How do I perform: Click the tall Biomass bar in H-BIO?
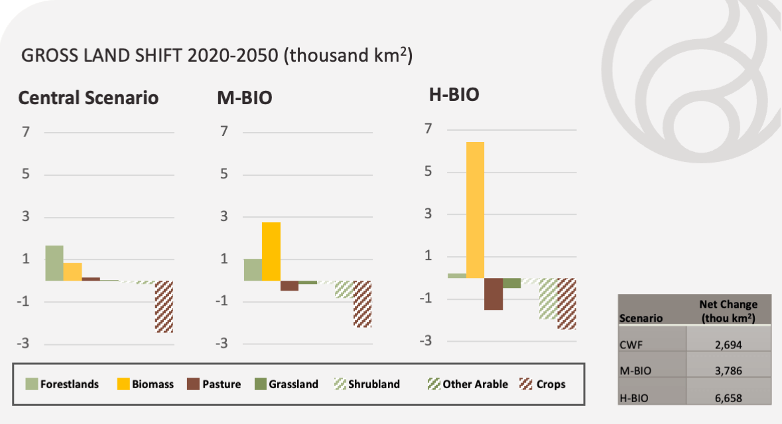[475, 210]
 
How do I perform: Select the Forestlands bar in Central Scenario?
[54, 263]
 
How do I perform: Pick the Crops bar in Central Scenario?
[164, 306]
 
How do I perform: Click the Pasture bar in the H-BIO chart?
[493, 294]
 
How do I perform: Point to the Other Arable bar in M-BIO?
[344, 289]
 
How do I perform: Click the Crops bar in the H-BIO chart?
[566, 303]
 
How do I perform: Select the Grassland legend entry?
[286, 384]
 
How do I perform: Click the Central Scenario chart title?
[88, 98]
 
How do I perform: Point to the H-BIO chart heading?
[454, 95]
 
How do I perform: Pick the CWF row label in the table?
[630, 344]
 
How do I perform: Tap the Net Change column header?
[728, 311]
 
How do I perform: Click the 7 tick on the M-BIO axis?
[224, 131]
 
